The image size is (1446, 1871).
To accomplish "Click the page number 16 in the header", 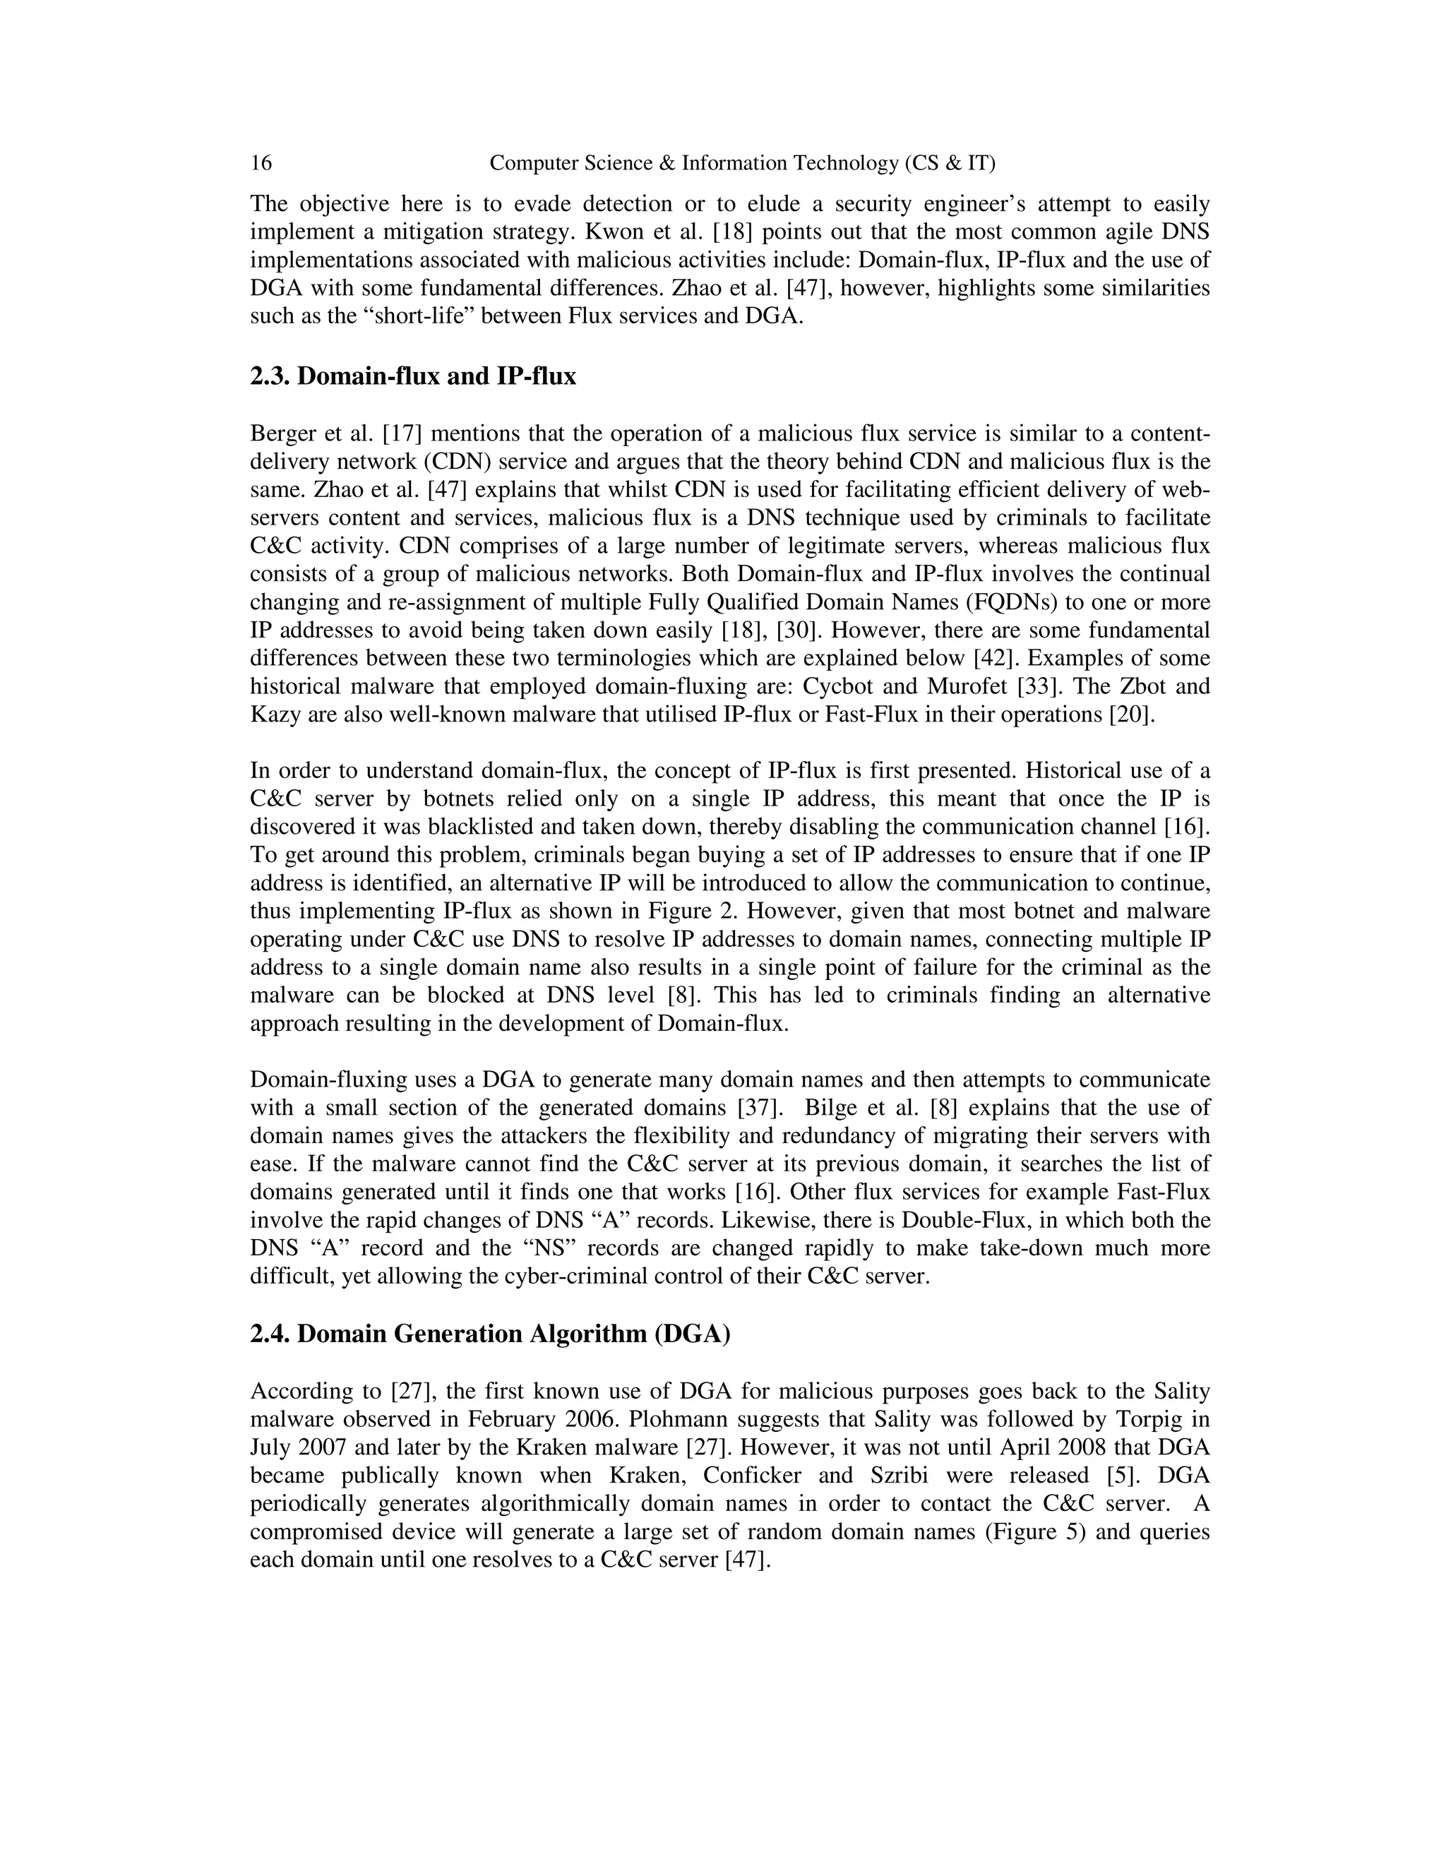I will (261, 163).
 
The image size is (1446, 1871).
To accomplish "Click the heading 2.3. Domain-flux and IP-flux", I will (413, 376).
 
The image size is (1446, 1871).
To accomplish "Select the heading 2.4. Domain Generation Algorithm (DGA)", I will (490, 1334).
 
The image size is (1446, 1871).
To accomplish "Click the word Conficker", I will (786, 1475).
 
